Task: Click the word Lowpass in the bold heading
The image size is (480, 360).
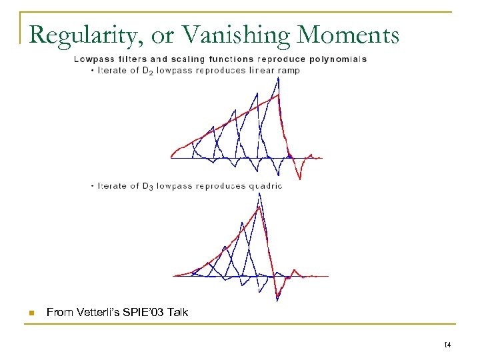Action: coord(91,59)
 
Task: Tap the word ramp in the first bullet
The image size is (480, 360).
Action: coord(288,71)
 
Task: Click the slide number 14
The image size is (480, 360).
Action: coord(447,344)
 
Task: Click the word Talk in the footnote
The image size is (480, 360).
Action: coord(179,312)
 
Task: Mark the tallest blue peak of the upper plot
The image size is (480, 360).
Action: coord(279,79)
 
